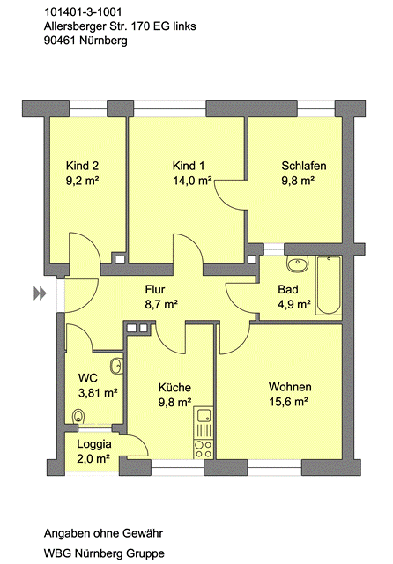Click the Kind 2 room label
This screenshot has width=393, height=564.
tap(82, 166)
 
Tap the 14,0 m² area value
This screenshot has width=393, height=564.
tap(192, 181)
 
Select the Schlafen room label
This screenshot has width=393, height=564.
tap(304, 166)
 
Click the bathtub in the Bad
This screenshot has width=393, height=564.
tap(329, 286)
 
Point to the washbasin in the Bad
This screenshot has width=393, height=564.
tap(298, 263)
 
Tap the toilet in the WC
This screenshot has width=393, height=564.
tap(78, 416)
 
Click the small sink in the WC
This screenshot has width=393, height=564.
tap(116, 367)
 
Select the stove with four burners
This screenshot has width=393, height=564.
tap(204, 449)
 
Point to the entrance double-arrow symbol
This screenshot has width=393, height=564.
tap(40, 293)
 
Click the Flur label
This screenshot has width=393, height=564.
tap(155, 290)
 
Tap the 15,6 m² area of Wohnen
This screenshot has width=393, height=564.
tap(288, 402)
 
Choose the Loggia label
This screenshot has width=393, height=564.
tap(94, 444)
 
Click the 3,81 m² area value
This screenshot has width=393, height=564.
tap(98, 393)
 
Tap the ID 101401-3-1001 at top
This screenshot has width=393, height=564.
tap(83, 12)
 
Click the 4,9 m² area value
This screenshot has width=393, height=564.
tap(294, 305)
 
